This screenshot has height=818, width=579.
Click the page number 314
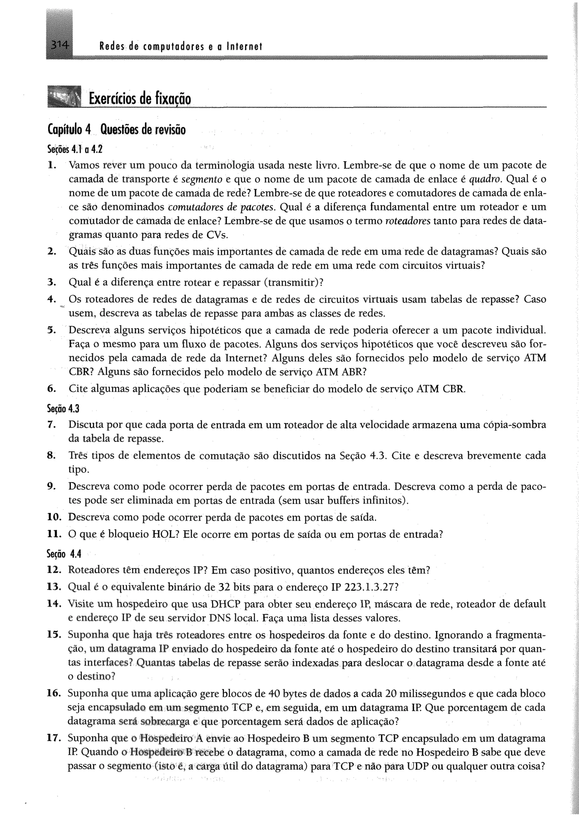[x=59, y=45]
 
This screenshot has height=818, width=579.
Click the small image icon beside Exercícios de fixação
[x=64, y=96]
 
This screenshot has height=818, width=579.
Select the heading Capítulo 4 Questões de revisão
[x=116, y=130]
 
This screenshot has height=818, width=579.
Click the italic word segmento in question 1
[x=202, y=179]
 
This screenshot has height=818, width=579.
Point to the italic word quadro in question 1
[x=485, y=179]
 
